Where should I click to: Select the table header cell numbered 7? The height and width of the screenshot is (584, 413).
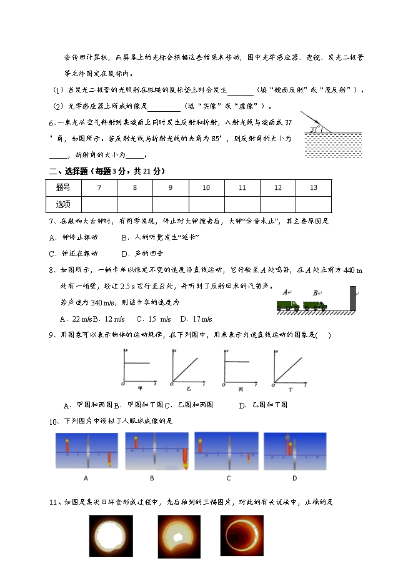point(99,187)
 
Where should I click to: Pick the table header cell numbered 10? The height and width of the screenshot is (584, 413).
point(206,187)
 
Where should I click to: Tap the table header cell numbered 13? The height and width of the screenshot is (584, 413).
point(313,187)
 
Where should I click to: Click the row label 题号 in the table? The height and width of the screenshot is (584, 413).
point(63,187)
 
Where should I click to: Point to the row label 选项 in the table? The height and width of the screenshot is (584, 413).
point(63,204)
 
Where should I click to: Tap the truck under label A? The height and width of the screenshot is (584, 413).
point(288,305)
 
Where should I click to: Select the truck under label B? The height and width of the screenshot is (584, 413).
point(315,305)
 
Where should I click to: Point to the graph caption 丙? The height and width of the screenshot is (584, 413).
point(241,388)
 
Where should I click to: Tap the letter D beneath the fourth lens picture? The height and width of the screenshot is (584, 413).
point(294,478)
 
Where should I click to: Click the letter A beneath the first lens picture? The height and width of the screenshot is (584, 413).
point(85,478)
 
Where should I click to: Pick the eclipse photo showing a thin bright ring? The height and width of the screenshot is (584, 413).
point(241,535)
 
